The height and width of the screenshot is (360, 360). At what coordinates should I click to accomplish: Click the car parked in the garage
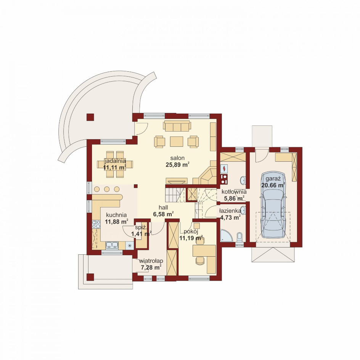pyautogui.click(x=273, y=205)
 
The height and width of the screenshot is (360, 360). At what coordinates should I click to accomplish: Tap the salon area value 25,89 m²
pyautogui.click(x=177, y=165)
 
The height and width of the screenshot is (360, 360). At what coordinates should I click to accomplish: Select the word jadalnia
pyautogui.click(x=116, y=161)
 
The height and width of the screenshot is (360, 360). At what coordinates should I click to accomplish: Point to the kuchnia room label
pyautogui.click(x=116, y=215)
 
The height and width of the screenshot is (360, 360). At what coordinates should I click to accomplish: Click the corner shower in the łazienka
pyautogui.click(x=226, y=236)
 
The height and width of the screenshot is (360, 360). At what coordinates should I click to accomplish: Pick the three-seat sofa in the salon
pyautogui.click(x=177, y=126)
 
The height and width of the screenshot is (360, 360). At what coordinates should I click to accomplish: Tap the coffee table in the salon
pyautogui.click(x=177, y=141)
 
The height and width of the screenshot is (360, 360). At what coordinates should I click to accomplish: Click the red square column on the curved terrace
pyautogui.click(x=90, y=117)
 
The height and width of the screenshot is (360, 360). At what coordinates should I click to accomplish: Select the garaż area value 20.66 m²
pyautogui.click(x=273, y=185)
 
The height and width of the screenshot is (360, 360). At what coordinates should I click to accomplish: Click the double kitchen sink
pyautogui.click(x=112, y=246)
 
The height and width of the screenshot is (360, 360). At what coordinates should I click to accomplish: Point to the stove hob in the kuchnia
pyautogui.click(x=96, y=224)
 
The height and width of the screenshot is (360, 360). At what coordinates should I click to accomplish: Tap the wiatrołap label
pyautogui.click(x=151, y=261)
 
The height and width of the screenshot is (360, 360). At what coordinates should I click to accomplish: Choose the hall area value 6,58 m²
pyautogui.click(x=163, y=214)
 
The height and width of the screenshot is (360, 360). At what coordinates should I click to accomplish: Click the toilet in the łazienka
pyautogui.click(x=239, y=238)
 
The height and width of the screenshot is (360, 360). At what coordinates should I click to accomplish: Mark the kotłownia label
pyautogui.click(x=234, y=192)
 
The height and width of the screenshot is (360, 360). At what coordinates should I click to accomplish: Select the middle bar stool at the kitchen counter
pyautogui.click(x=106, y=189)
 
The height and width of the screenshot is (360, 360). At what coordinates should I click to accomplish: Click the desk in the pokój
pyautogui.click(x=204, y=259)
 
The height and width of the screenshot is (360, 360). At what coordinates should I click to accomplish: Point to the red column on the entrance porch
pyautogui.click(x=90, y=277)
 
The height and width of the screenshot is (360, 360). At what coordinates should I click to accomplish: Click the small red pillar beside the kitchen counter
pyautogui.click(x=136, y=186)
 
